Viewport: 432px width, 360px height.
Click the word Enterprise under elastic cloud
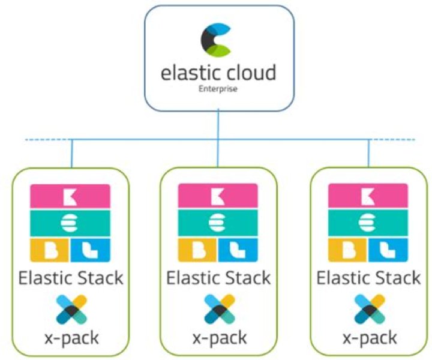pyautogui.click(x=218, y=89)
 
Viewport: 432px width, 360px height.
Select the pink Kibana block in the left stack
pyautogui.click(x=70, y=196)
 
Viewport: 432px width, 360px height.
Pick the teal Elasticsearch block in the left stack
pyautogui.click(x=70, y=222)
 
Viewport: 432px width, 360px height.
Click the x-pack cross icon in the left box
pyautogui.click(x=70, y=309)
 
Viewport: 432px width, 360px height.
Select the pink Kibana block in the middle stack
pyautogui.click(x=218, y=196)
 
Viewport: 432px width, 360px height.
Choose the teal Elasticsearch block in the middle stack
pyautogui.click(x=218, y=222)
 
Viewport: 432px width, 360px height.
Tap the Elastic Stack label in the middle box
pyautogui.click(x=218, y=279)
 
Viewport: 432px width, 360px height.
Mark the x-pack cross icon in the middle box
pyautogui.click(x=218, y=309)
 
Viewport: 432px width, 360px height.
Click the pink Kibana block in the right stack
pyautogui.click(x=368, y=196)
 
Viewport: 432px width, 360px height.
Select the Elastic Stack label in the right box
pyautogui.click(x=368, y=279)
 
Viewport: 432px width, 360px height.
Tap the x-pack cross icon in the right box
pyautogui.click(x=368, y=309)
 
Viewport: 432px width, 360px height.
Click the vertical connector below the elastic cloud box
pyautogui.click(x=218, y=126)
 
